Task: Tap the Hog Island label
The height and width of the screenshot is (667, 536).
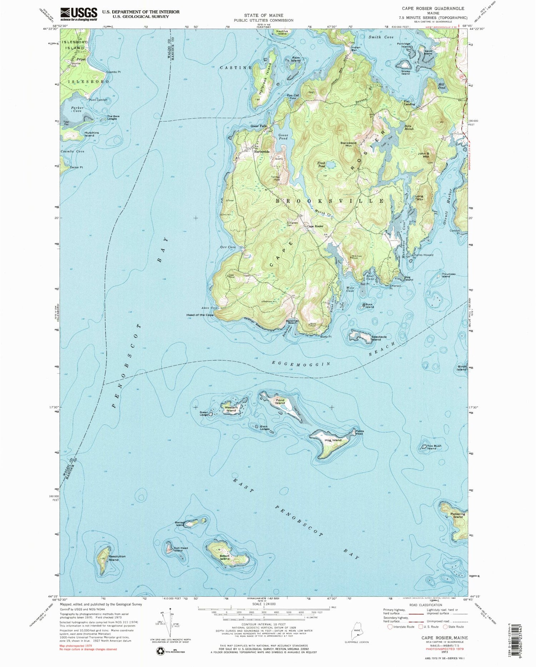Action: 333,440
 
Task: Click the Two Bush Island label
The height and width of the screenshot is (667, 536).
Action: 435,447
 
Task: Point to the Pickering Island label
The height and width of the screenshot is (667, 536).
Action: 458,516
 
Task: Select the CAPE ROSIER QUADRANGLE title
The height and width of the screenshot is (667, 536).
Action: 438,8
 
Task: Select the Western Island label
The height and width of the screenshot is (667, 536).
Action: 231,409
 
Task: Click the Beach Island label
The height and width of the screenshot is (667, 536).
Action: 224,557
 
